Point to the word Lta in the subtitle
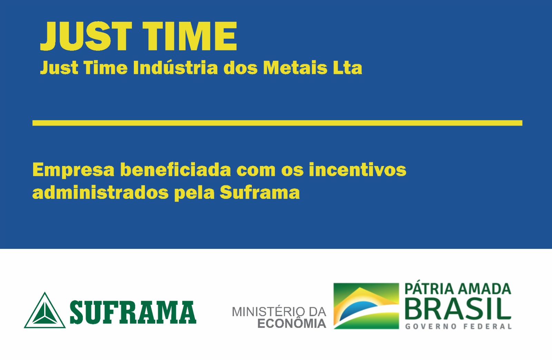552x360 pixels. tap(348, 67)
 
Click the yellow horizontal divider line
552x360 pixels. tap(277, 123)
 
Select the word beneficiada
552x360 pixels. tap(176, 169)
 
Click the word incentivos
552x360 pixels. tap(357, 169)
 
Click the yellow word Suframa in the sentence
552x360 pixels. tap(260, 193)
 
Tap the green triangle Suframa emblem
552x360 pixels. tap(45, 310)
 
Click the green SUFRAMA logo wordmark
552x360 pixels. tap(133, 312)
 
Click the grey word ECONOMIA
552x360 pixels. tap(292, 323)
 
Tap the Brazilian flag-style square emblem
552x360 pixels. tap(366, 306)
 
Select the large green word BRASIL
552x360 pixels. tap(458, 309)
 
